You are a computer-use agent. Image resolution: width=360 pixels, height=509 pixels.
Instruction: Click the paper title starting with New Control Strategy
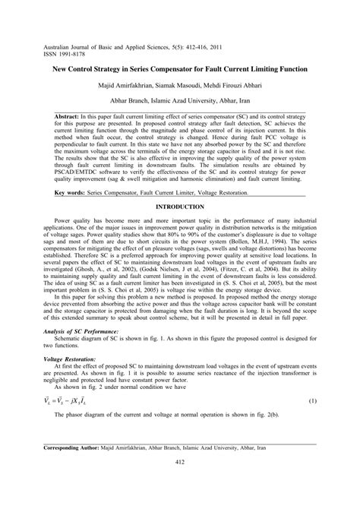point(180,69)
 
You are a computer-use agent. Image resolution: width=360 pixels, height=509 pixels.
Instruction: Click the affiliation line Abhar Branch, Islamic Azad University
point(180,99)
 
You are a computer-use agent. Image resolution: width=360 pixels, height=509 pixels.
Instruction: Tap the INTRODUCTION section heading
point(180,207)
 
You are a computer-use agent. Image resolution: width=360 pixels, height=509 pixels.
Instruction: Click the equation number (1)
point(312,400)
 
